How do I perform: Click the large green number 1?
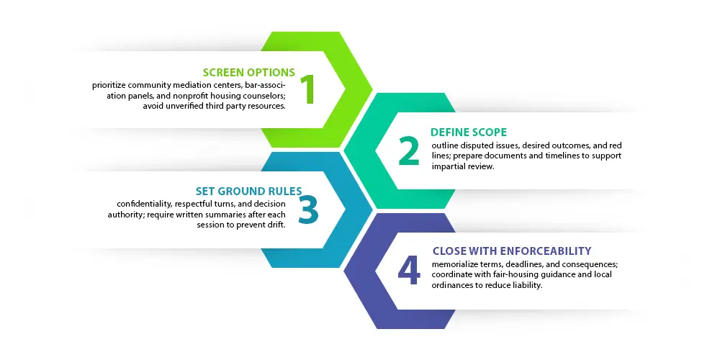(307, 89)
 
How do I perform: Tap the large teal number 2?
(408, 150)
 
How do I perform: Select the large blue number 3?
(307, 210)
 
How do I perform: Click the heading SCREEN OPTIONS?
(249, 72)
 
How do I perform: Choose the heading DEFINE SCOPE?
(469, 132)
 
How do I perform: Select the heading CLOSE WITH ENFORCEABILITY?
(512, 251)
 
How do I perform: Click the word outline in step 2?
(445, 145)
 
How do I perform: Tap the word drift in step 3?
(275, 225)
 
